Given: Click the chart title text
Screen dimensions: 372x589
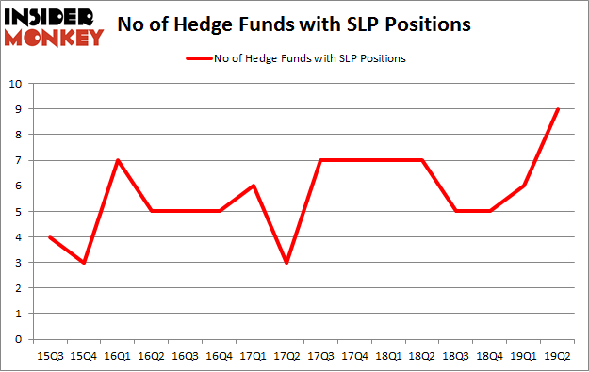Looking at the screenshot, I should point(293,26).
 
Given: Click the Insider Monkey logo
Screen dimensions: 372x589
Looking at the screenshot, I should point(55,26).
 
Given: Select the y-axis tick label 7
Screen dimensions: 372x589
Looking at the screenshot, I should point(16,160).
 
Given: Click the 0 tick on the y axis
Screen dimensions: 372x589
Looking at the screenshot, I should point(16,339).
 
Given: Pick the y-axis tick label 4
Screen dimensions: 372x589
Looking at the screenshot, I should point(16,236).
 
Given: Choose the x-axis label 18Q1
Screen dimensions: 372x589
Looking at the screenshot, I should point(389,355).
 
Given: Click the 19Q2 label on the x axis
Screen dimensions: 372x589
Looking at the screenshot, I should point(559,355).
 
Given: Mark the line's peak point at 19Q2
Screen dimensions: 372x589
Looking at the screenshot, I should point(559,109).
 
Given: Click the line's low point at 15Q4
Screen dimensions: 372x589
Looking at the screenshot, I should point(85,263).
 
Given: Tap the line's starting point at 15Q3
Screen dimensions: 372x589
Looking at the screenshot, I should point(51,236).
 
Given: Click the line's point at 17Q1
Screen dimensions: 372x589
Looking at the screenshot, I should point(254,186).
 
